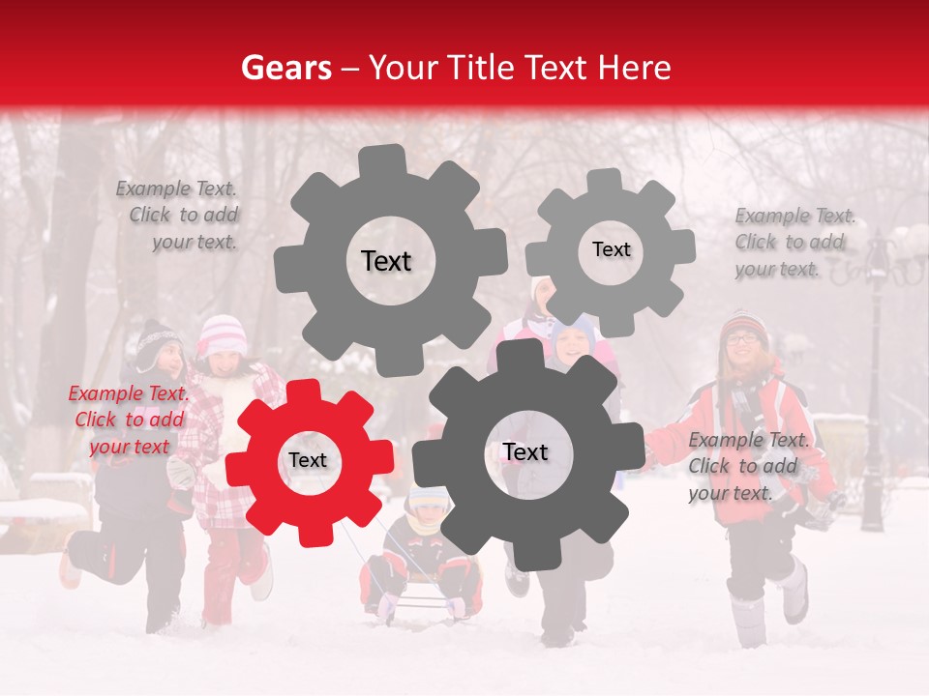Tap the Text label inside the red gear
click(x=308, y=460)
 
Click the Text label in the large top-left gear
click(x=386, y=261)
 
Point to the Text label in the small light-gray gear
click(x=611, y=249)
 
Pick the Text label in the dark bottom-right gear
click(x=525, y=451)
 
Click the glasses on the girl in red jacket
click(x=742, y=337)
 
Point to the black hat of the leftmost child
click(x=155, y=340)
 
